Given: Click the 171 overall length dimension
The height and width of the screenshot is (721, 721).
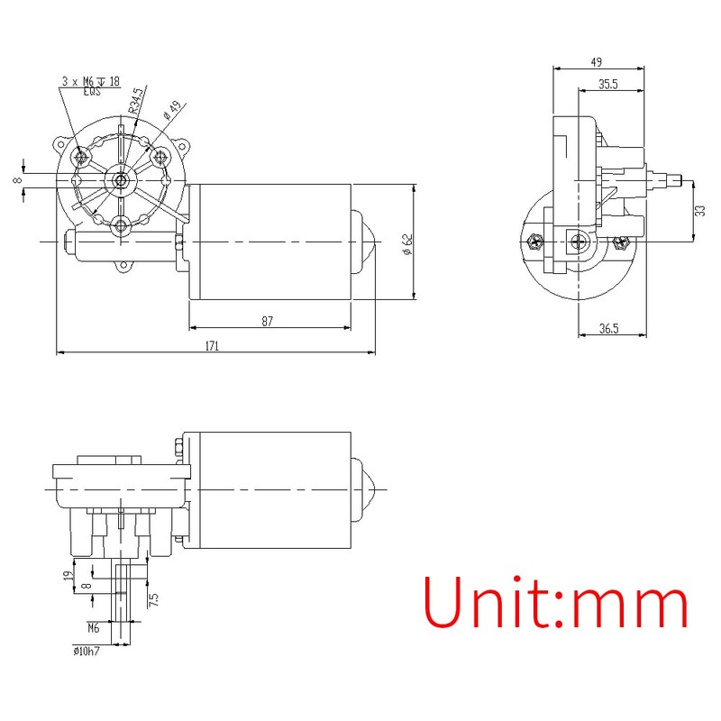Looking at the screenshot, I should point(213,345).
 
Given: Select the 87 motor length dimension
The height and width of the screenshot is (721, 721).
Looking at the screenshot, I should point(267,321).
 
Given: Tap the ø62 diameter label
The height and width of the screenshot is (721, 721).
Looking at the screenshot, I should point(407,244).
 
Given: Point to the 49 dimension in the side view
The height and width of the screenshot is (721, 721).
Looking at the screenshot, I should point(597,62).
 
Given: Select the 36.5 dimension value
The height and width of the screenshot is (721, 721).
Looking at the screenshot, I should point(609,329).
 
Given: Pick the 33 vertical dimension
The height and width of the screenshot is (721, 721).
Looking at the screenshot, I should point(700,210).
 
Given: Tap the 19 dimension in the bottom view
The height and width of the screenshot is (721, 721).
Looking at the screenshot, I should point(68,576).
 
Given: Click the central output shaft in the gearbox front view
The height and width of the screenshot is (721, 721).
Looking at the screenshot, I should point(121,179).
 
